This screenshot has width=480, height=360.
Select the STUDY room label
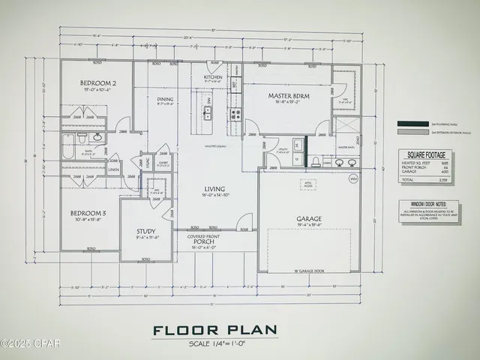[145, 232]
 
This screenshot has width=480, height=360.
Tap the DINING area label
[165, 99]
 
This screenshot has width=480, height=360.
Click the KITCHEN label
[213, 77]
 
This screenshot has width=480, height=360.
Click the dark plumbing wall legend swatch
[412, 123]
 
